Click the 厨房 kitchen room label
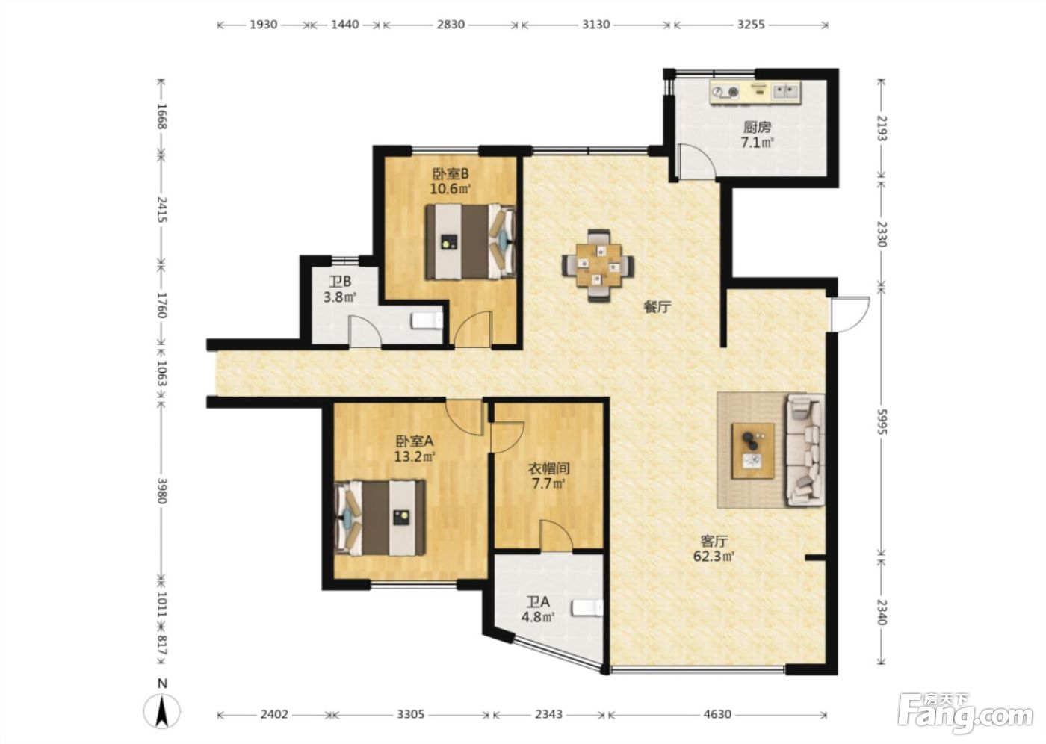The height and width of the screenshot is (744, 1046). (x=757, y=126)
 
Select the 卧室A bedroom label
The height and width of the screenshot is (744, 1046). (x=415, y=441)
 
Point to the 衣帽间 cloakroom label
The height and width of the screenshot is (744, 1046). (x=548, y=468)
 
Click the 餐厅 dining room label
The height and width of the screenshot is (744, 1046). (x=657, y=307)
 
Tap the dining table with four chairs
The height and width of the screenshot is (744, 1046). (x=598, y=266)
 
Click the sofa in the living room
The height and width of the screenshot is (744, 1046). (x=805, y=450)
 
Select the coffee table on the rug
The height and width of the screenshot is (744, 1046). (x=753, y=451)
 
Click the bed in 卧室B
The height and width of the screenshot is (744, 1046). (x=471, y=242)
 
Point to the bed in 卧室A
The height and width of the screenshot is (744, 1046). (x=380, y=518)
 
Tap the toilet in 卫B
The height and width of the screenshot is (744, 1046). (x=427, y=320)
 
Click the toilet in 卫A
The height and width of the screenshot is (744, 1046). (x=587, y=607)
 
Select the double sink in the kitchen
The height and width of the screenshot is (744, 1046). (x=787, y=90)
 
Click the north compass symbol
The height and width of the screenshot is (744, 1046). (x=161, y=710)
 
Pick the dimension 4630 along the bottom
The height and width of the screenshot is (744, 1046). (x=717, y=714)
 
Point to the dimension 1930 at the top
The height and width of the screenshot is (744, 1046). (x=263, y=24)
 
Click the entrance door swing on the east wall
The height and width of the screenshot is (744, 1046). (x=850, y=314)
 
